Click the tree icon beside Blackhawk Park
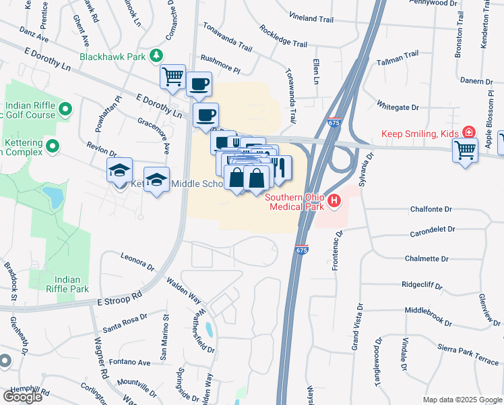(x=156, y=55)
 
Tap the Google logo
(x=22, y=397)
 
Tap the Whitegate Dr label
(x=398, y=107)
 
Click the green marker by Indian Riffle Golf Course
(x=65, y=109)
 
